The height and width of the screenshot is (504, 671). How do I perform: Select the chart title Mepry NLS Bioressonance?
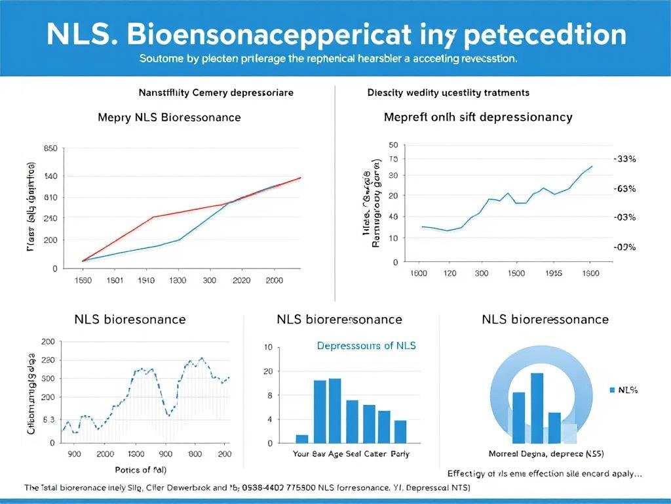point(169,117)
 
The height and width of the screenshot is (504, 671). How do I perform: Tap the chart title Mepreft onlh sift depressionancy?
point(478,117)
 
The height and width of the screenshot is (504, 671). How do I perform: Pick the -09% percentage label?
point(624,247)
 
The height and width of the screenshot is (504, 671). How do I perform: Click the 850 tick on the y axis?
point(50,148)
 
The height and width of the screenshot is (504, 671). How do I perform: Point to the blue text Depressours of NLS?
point(366,345)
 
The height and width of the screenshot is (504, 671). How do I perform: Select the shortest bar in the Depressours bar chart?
point(302,438)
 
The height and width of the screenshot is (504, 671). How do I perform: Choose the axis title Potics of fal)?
point(140,469)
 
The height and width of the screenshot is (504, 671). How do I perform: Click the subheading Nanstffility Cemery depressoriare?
point(216,93)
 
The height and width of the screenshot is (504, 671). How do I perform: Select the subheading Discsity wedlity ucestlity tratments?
point(448,93)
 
